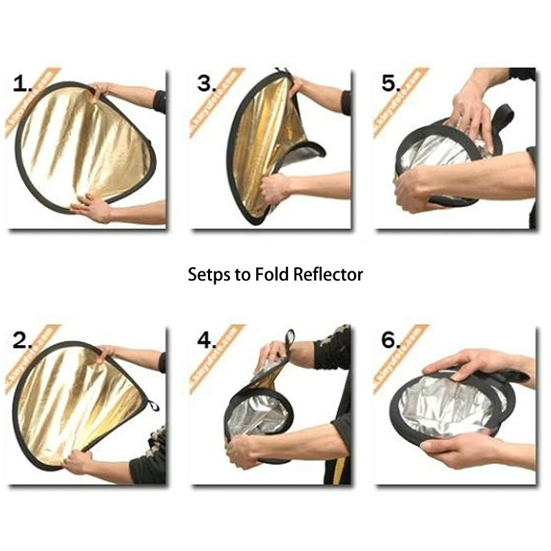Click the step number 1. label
[23, 85]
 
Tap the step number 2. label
[23, 340]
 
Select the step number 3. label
[207, 85]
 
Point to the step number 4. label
[207, 340]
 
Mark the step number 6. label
[391, 340]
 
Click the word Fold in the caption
[271, 274]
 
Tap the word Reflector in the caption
[328, 274]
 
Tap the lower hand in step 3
[275, 187]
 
